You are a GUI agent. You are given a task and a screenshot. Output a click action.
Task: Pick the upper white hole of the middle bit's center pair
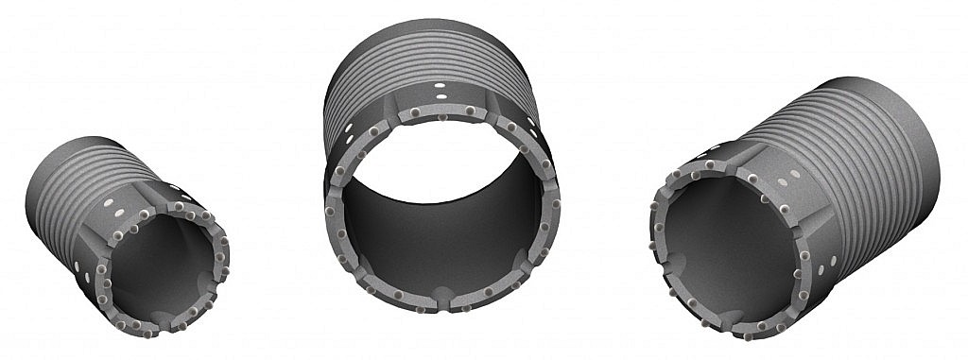441,85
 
